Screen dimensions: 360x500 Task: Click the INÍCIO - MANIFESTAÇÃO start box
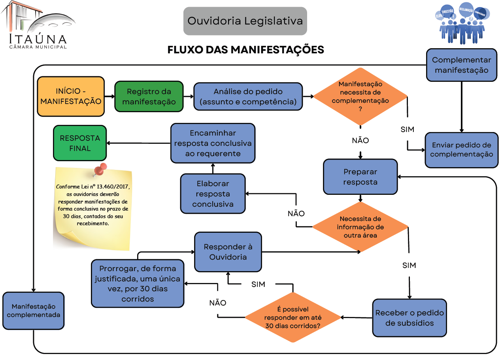[x=71, y=96]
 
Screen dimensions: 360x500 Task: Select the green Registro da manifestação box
[x=149, y=96]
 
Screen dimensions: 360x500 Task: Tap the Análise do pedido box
[x=248, y=96]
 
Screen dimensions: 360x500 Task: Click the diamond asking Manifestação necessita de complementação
[x=360, y=96]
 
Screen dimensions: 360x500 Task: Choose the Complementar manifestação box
[x=461, y=65]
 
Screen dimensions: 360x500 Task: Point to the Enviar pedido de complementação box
[x=461, y=150]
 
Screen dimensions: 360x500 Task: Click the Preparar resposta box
[x=360, y=177]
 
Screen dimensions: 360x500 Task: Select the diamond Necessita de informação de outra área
[x=360, y=227]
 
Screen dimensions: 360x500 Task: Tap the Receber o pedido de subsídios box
[x=409, y=318]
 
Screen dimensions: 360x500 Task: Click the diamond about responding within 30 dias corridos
[x=293, y=317]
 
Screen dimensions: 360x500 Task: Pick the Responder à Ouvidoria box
[x=228, y=252]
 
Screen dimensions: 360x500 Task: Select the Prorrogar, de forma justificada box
[x=138, y=283]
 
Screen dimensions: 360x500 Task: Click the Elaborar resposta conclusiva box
[x=213, y=194]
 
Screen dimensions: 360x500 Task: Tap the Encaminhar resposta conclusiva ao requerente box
[x=213, y=143]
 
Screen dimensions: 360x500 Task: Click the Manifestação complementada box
[x=33, y=311]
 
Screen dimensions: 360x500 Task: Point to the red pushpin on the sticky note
[x=101, y=169]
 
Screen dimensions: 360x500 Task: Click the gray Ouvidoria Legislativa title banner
[x=245, y=21]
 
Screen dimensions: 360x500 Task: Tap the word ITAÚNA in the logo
[x=38, y=39]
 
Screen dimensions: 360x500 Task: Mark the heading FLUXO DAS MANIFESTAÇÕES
[x=245, y=50]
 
